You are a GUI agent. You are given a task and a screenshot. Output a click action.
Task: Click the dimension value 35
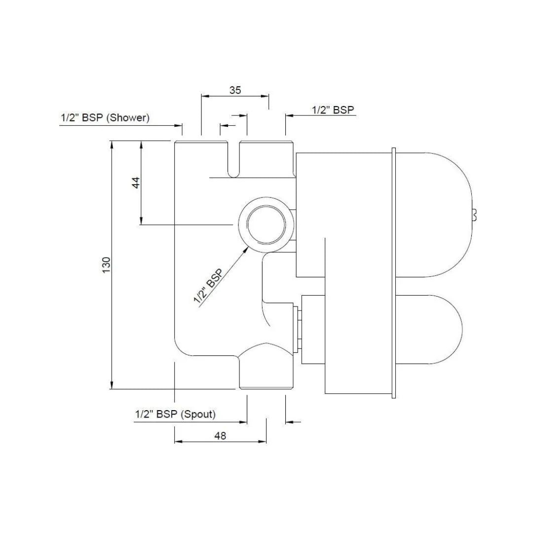pos(235,90)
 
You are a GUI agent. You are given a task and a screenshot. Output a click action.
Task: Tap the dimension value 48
pos(220,436)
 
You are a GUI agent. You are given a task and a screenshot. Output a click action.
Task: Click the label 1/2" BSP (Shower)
pos(105,118)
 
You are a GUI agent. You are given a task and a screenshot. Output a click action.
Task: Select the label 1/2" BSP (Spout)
pos(175,415)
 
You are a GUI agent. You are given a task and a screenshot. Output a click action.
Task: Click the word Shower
pos(128,118)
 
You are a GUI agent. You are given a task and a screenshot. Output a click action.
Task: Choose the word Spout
pos(198,415)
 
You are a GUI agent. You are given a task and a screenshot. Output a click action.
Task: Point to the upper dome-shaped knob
pos(434,215)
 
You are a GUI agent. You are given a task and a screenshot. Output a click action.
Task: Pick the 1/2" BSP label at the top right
pos(333,110)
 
